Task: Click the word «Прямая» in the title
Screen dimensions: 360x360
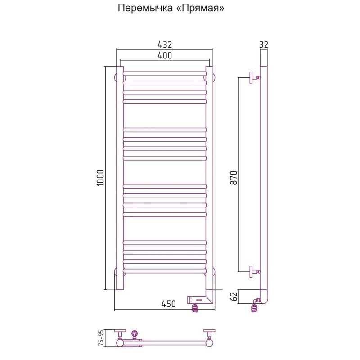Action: pyautogui.click(x=200, y=8)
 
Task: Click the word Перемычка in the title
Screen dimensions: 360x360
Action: pyautogui.click(x=145, y=8)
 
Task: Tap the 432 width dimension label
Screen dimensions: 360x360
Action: pyautogui.click(x=165, y=45)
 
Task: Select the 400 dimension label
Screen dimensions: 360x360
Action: pyautogui.click(x=165, y=55)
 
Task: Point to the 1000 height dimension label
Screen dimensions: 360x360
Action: pyautogui.click(x=100, y=178)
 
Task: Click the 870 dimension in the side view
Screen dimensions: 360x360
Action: pyautogui.click(x=234, y=178)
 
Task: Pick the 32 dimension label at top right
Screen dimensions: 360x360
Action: pyautogui.click(x=264, y=44)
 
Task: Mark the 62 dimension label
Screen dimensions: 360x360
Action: pyautogui.click(x=233, y=297)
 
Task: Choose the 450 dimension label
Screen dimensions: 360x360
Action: pyautogui.click(x=168, y=304)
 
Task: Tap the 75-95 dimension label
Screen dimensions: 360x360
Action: pyautogui.click(x=100, y=338)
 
